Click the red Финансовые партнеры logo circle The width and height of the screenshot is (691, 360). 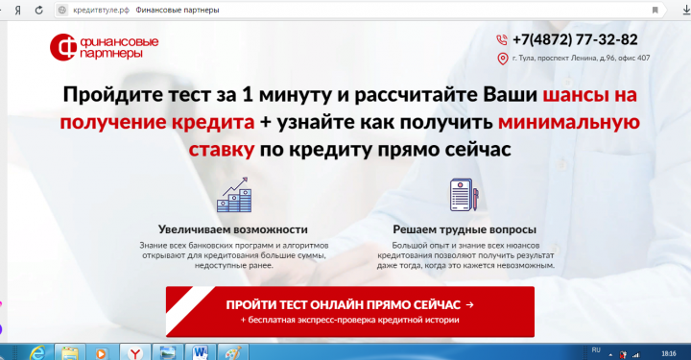coord(64,47)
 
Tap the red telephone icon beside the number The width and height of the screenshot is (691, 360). coord(501,40)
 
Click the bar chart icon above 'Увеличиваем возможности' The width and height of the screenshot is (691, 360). coord(232,196)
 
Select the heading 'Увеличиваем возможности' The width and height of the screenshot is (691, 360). coord(233,229)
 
